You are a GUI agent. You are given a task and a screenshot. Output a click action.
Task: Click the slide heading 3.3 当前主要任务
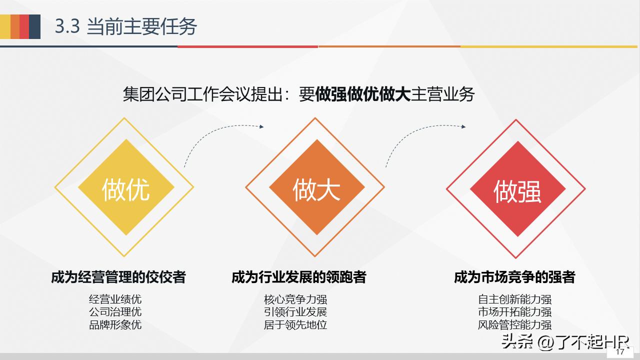click(126, 26)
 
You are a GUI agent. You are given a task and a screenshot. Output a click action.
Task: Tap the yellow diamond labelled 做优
click(125, 188)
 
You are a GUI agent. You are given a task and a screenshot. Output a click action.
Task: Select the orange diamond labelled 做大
click(316, 188)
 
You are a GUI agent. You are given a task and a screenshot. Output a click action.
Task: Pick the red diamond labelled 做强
click(517, 190)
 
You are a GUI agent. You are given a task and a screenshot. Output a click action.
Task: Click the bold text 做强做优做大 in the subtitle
click(362, 94)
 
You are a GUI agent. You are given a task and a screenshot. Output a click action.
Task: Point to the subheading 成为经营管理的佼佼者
click(118, 277)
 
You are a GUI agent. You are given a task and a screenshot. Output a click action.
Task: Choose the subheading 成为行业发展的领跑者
click(299, 277)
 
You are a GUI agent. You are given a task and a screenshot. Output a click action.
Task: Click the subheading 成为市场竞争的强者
click(514, 277)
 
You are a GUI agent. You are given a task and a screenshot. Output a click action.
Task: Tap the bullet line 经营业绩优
click(115, 299)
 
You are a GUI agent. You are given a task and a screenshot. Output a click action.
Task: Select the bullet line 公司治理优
click(115, 312)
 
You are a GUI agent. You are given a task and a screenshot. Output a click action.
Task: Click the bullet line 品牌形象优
click(115, 324)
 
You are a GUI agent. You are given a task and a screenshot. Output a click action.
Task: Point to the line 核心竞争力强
click(295, 299)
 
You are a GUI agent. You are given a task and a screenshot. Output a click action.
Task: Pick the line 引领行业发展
click(295, 312)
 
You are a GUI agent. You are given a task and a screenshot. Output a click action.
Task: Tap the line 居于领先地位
click(295, 324)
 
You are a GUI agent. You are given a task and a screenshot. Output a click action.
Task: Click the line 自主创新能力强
click(514, 299)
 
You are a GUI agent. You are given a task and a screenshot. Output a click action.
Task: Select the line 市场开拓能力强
click(514, 312)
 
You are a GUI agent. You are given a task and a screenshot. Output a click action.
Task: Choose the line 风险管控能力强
click(514, 324)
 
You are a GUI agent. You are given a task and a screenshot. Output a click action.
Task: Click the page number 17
click(620, 352)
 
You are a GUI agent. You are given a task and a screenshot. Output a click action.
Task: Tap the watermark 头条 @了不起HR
click(565, 342)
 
